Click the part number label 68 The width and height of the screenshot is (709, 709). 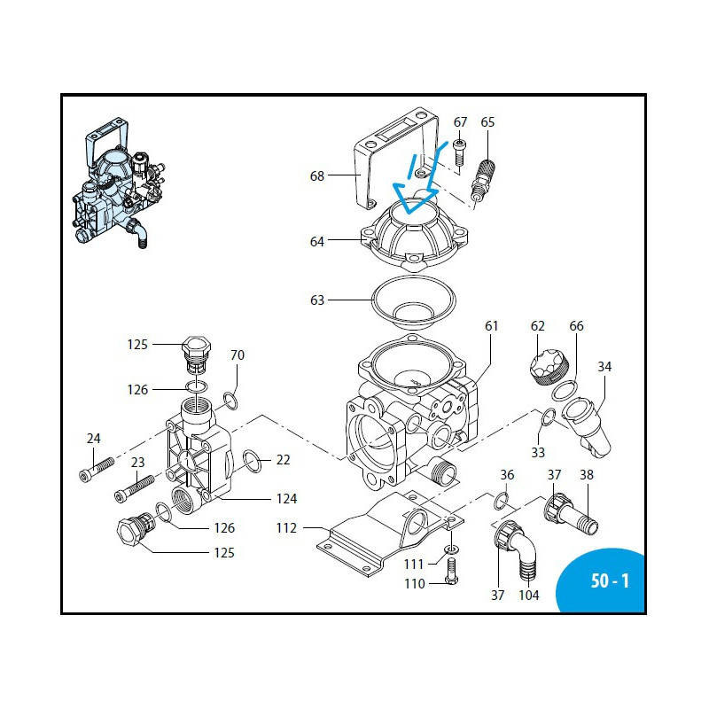click(316, 175)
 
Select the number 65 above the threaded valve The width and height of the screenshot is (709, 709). click(487, 122)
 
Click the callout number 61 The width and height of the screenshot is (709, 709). click(492, 326)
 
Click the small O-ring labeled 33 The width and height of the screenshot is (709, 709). click(548, 417)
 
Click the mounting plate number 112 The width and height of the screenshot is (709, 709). click(286, 529)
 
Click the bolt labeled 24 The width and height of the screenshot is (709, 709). click(97, 469)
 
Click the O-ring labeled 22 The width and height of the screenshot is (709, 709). click(253, 460)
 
